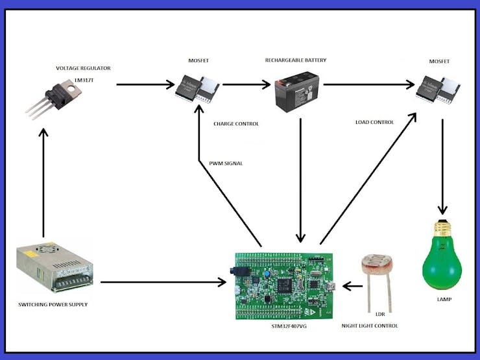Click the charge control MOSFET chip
[198, 87]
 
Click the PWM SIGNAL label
[226, 163]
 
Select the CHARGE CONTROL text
[236, 123]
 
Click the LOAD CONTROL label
[375, 122]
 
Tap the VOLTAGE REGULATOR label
[83, 68]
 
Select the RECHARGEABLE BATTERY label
[296, 60]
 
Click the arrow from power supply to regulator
[43, 182]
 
